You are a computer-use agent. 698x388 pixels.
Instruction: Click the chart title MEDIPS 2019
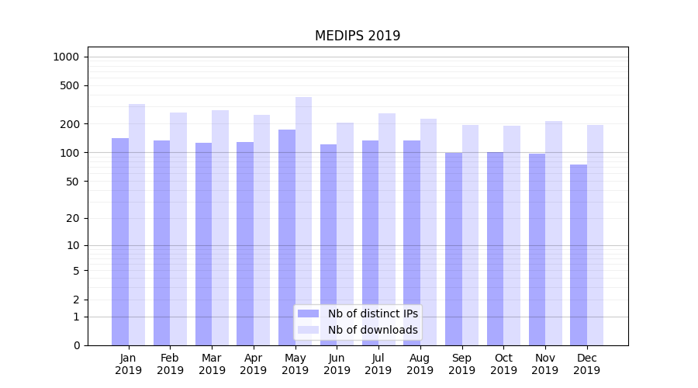pos(358,36)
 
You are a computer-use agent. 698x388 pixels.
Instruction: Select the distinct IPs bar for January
pos(120,241)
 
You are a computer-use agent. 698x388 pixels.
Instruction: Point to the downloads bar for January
pos(137,225)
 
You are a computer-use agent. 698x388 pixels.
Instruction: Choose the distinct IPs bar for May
pos(287,237)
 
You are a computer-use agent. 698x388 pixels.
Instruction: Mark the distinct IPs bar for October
pos(495,248)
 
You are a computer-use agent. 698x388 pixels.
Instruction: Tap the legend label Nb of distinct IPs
pos(373,314)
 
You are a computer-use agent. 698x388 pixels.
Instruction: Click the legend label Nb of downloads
pos(373,330)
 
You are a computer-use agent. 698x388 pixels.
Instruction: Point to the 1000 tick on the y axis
pos(66,57)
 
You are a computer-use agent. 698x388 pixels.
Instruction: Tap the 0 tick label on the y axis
pos(76,345)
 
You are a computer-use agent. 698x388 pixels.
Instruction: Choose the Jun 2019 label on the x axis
pos(337,364)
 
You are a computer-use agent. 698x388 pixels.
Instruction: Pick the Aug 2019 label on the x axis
pos(420,364)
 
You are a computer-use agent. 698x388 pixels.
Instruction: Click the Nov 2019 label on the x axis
pos(545,364)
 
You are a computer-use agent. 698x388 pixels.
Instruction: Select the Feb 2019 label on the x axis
pos(170,364)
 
